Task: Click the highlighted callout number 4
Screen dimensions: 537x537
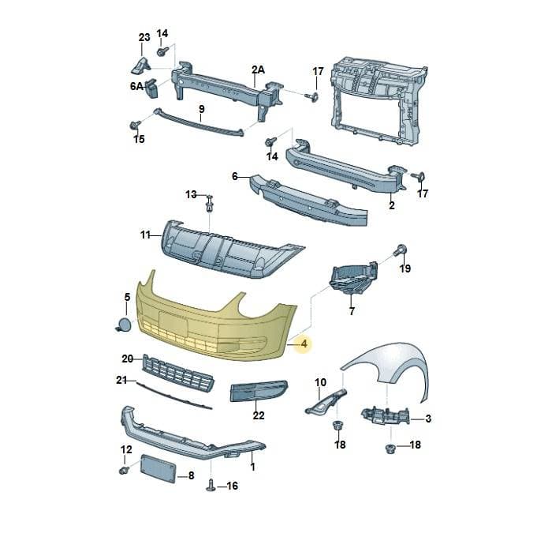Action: coord(304,344)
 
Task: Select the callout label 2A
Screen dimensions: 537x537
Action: coord(258,70)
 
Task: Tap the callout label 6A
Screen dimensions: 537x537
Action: coord(136,86)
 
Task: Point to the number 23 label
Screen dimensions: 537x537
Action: coord(144,37)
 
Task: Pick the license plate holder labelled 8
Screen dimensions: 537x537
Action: coord(158,468)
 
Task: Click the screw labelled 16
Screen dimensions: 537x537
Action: coord(211,485)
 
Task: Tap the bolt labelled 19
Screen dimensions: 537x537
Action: coord(400,250)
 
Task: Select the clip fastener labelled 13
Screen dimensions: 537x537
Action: coord(209,203)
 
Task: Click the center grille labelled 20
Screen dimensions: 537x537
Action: coord(178,373)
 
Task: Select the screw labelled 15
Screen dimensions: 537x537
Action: coord(136,125)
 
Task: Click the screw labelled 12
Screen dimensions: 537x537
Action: coord(125,470)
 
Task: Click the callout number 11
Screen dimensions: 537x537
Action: coord(145,235)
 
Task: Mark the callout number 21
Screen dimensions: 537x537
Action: coord(121,380)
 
